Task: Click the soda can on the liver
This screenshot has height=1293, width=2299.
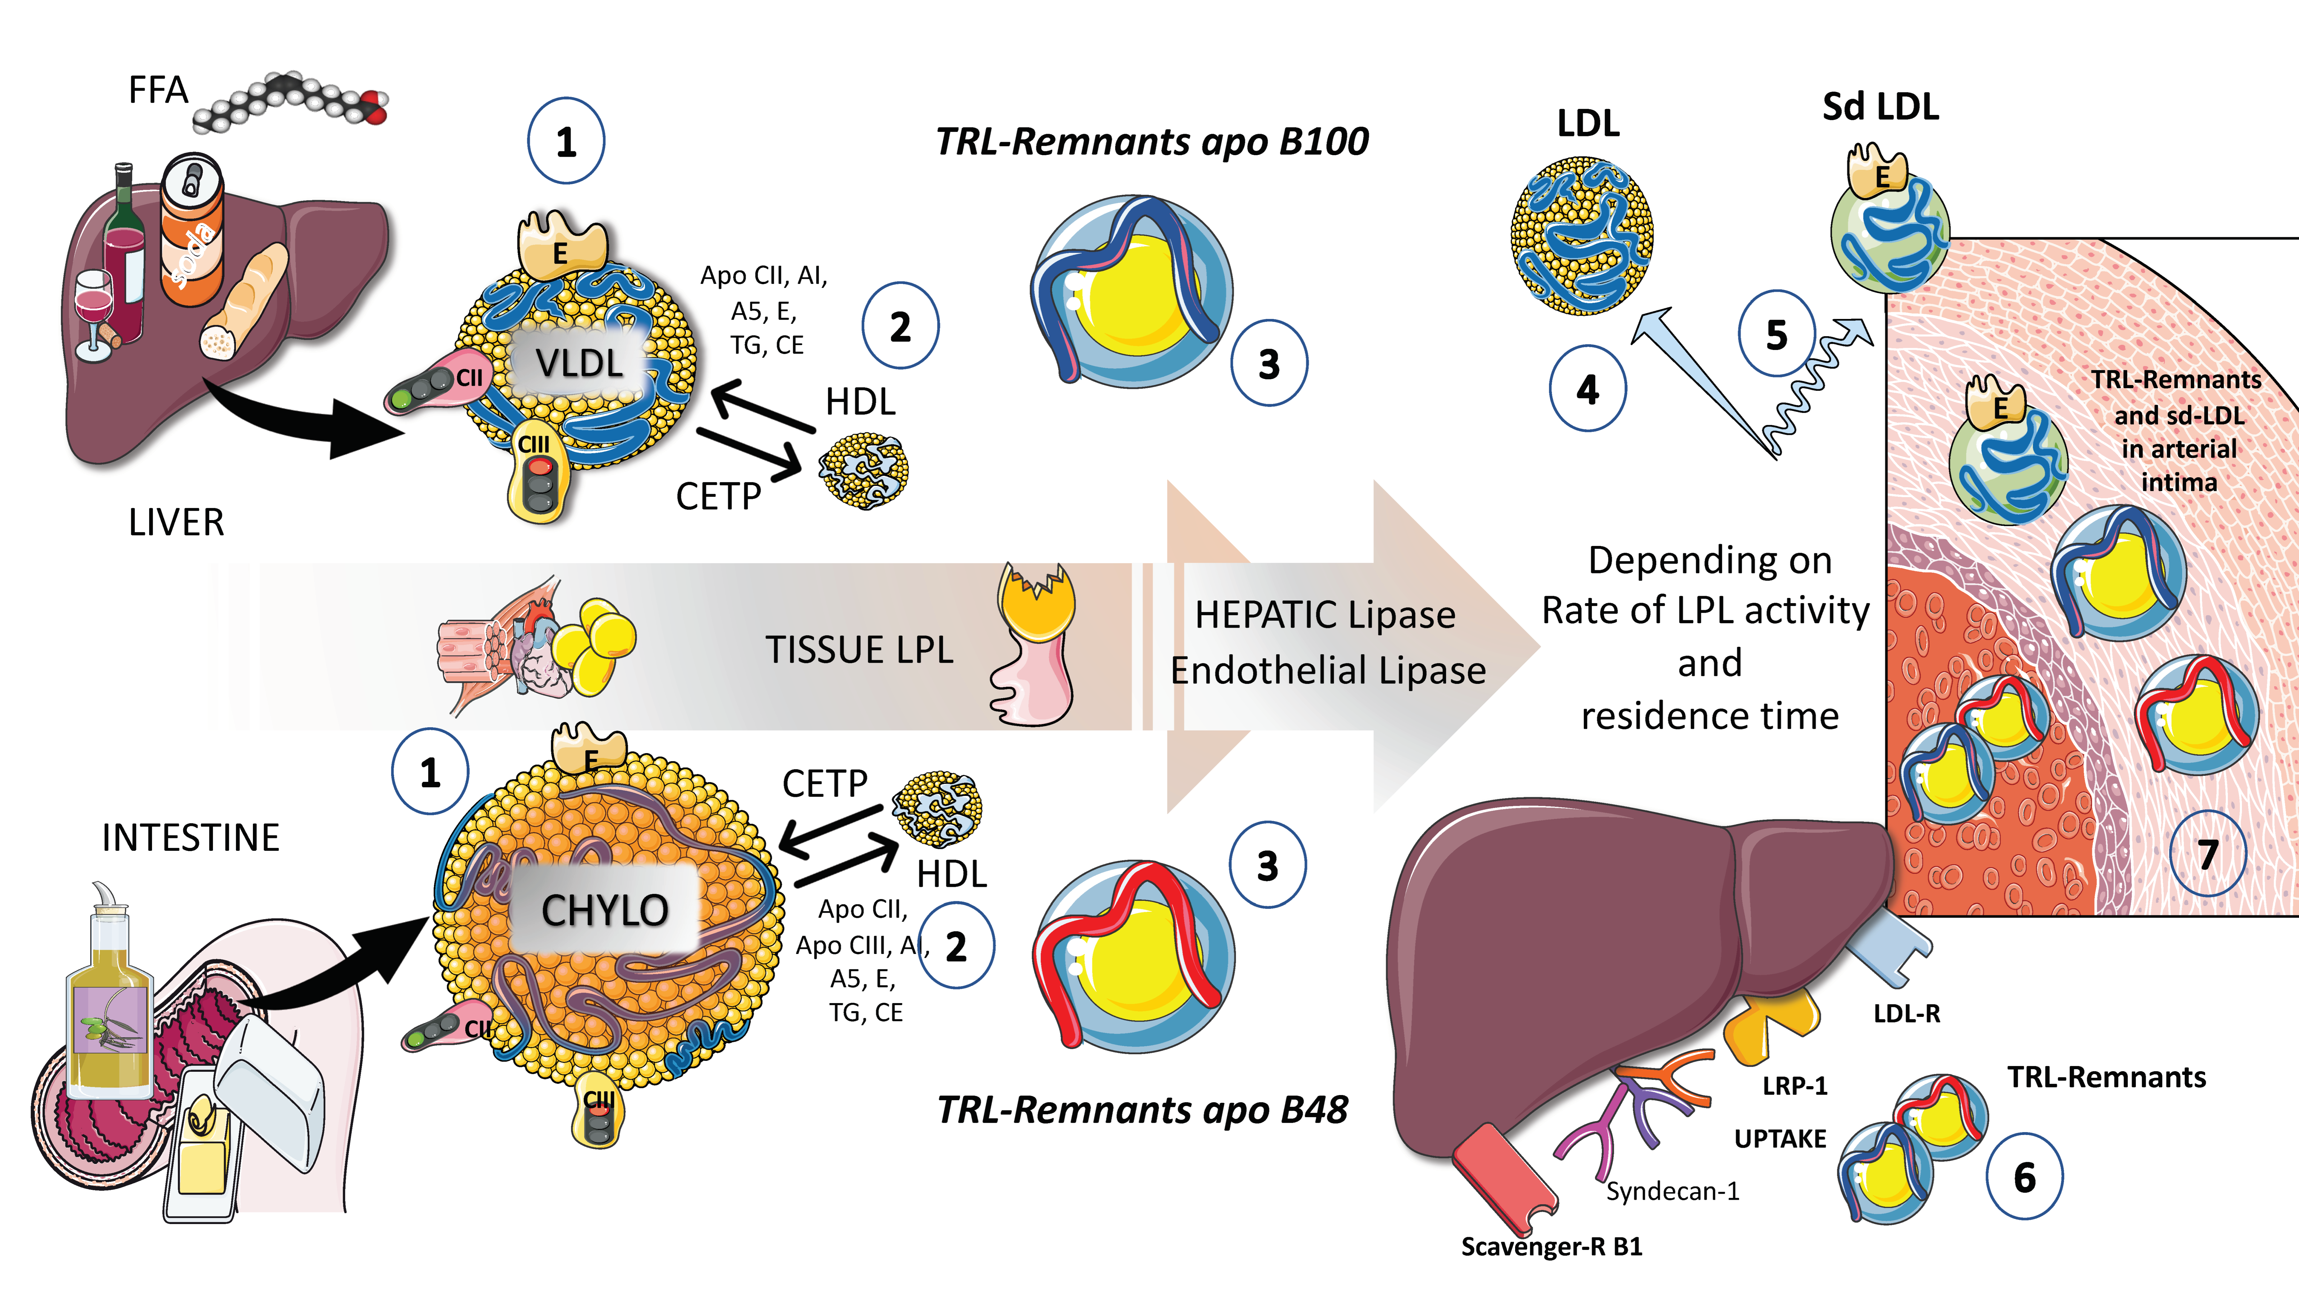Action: [192, 230]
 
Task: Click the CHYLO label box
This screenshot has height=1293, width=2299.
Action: [604, 909]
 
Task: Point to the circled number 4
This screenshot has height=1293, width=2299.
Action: [1588, 389]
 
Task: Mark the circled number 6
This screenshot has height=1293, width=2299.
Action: [2024, 1177]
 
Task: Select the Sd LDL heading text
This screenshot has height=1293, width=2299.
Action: [1880, 106]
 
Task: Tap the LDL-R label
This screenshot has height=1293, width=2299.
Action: [1906, 1013]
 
